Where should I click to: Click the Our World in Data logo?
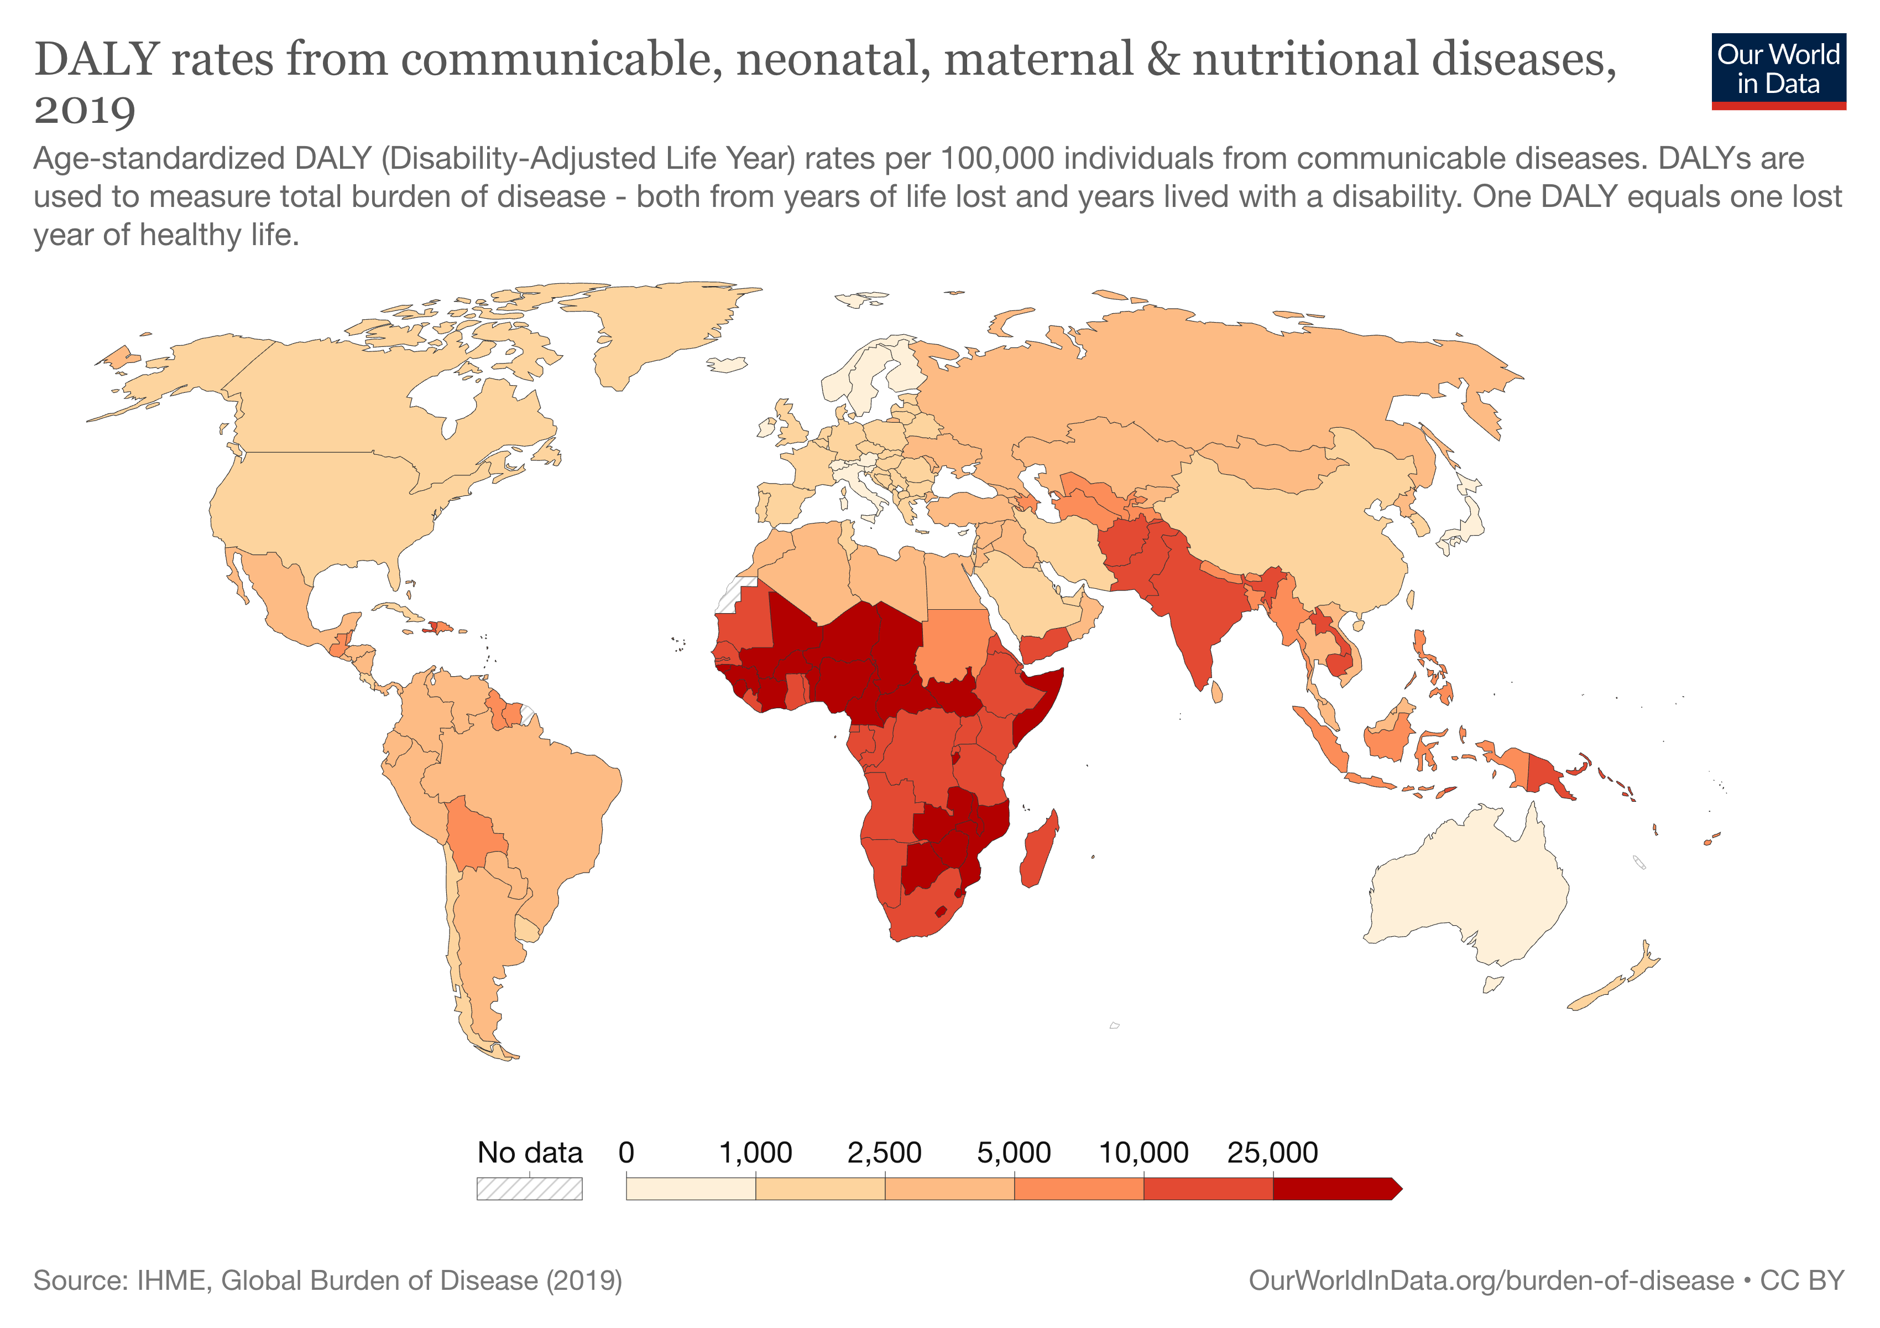tap(1778, 70)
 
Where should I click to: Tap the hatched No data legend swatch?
tap(529, 1189)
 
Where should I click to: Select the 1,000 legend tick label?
tap(755, 1153)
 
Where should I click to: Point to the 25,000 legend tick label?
tap(1272, 1153)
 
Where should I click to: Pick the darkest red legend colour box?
tap(1335, 1189)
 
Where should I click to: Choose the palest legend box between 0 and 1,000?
tap(690, 1189)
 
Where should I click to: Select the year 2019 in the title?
tap(85, 110)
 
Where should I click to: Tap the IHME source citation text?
tap(327, 1280)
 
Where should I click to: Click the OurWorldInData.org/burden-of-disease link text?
tap(1490, 1280)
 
